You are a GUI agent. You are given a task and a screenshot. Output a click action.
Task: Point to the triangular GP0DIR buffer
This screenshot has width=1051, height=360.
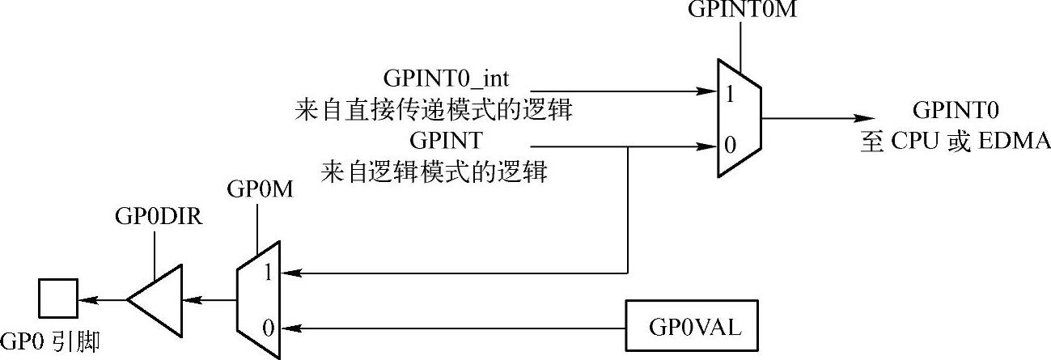[x=154, y=299]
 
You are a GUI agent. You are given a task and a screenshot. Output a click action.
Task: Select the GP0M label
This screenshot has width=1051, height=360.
[x=256, y=191]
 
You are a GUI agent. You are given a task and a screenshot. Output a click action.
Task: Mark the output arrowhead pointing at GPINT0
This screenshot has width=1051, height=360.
[x=867, y=119]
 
